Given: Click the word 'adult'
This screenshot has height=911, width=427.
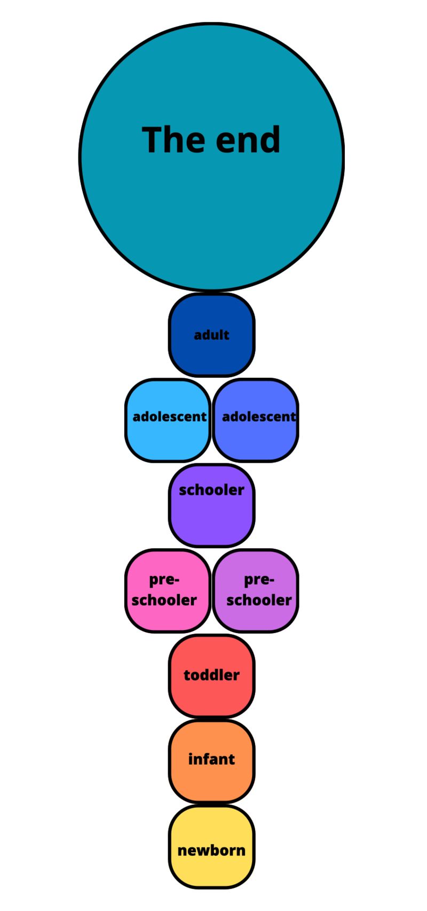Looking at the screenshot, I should [212, 335].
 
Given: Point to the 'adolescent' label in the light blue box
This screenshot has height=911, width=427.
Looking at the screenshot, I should [170, 417].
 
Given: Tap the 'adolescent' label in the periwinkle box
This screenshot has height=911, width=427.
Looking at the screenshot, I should [259, 417].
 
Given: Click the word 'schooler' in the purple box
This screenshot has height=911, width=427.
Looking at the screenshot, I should [212, 490].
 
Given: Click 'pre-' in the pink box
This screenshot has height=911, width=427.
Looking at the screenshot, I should [164, 580].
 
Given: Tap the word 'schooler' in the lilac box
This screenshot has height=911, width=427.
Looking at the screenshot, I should [259, 600].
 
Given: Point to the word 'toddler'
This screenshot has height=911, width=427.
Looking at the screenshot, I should [212, 675].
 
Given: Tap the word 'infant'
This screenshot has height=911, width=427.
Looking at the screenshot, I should [212, 759].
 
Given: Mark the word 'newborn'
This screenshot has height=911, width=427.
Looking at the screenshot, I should [212, 850].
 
